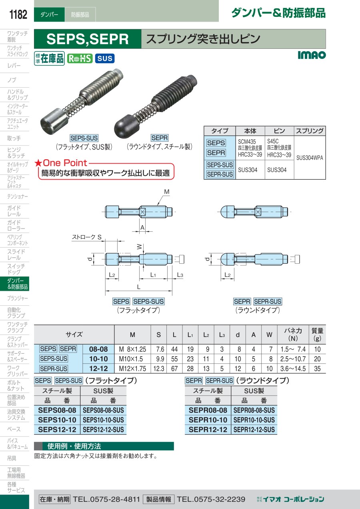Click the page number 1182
(18, 14)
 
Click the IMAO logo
(312, 55)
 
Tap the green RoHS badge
(80, 59)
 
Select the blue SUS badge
(105, 58)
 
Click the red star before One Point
(38, 163)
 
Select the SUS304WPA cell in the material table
(310, 158)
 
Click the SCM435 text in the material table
(247, 141)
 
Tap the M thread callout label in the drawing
(167, 192)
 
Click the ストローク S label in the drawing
(86, 237)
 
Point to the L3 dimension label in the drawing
(180, 275)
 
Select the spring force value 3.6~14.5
(293, 368)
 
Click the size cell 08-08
(98, 349)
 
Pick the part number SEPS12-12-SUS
(103, 429)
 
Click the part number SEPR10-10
(208, 420)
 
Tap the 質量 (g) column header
(317, 334)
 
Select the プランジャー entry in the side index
(18, 298)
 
